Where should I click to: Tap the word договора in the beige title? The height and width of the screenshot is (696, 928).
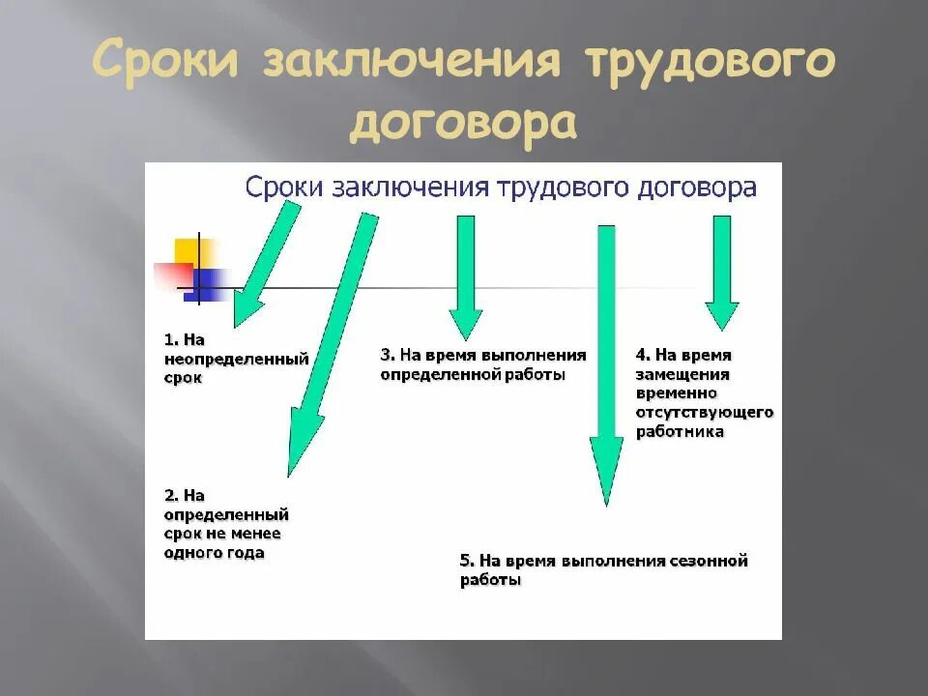coord(463,125)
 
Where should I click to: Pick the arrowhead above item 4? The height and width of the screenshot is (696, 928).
coord(721,315)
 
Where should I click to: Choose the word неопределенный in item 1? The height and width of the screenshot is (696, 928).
coord(236,359)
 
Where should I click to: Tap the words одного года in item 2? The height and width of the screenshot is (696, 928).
coord(214,553)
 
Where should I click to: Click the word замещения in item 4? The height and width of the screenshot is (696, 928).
coord(682,374)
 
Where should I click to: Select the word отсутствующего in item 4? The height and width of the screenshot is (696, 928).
coord(705,413)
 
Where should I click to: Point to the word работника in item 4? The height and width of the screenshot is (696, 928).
coord(680,432)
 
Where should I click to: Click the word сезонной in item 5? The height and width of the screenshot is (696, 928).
coord(710,561)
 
